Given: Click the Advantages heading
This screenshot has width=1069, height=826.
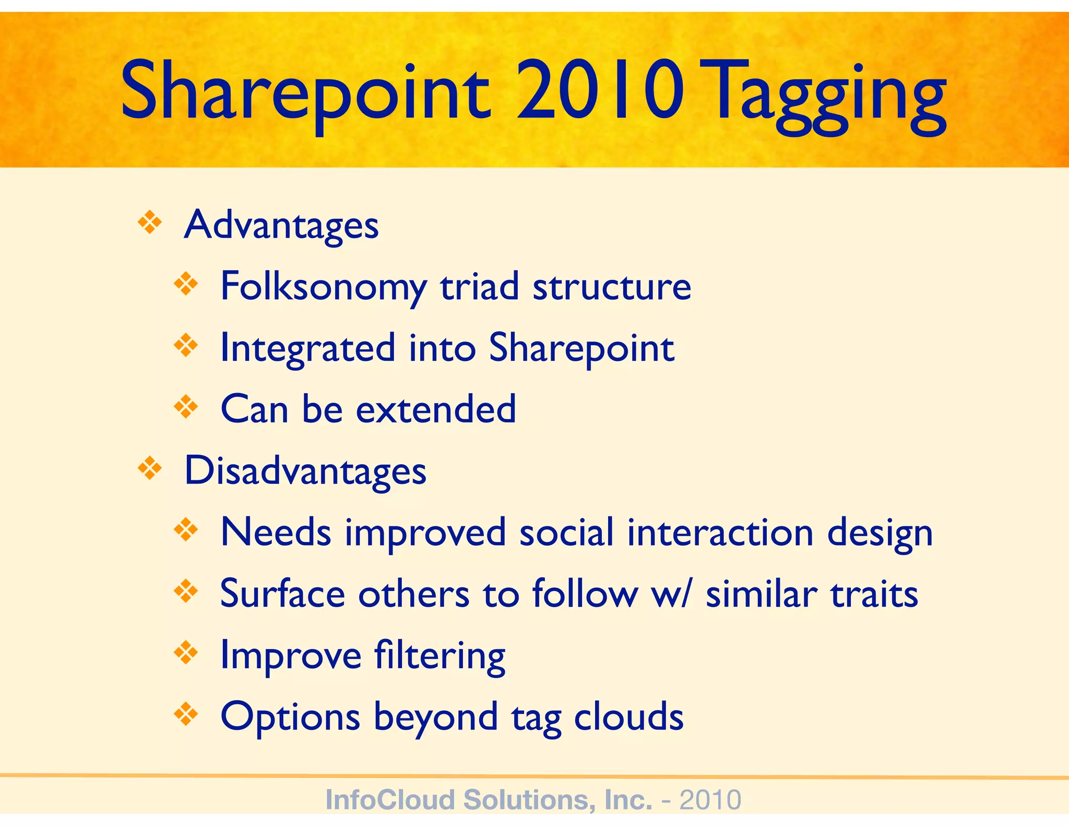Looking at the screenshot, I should click(281, 226).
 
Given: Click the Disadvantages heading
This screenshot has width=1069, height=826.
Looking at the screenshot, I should click(305, 471).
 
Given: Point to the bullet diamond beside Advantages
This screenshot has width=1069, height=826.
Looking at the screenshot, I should click(150, 223).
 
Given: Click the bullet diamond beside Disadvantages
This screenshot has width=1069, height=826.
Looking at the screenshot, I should click(150, 468).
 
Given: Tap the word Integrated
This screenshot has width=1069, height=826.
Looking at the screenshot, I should click(308, 349).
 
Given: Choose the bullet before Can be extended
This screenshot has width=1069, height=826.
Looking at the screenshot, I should click(186, 407).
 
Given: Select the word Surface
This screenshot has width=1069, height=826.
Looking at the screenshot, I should click(282, 594).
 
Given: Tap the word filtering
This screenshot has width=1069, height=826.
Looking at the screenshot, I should click(440, 656).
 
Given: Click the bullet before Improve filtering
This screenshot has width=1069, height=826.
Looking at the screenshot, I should click(186, 653).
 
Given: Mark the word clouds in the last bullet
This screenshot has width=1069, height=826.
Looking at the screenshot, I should click(628, 717).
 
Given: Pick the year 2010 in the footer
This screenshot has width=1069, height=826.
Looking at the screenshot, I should click(710, 799).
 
